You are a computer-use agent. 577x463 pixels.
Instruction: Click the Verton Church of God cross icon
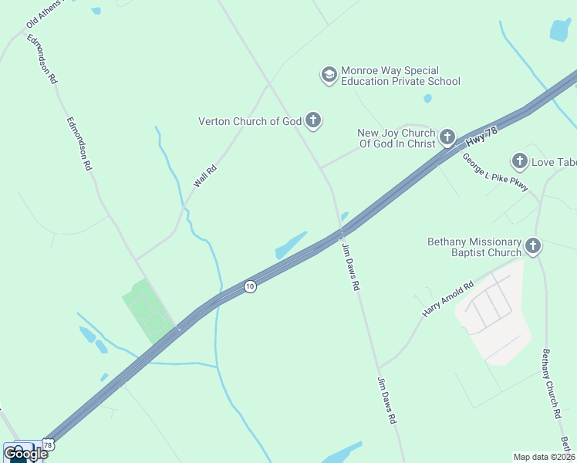point(312,120)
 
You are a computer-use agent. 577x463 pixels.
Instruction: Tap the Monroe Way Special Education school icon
point(329,75)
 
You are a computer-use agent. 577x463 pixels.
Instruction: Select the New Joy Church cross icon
point(447,138)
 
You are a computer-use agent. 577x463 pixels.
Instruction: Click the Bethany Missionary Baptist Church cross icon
point(532,247)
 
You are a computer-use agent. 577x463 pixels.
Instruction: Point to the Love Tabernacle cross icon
point(519,161)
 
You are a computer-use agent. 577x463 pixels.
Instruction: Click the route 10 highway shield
point(249,286)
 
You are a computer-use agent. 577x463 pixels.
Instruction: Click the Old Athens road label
point(42,15)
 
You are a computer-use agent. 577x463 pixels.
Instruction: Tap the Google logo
point(25,453)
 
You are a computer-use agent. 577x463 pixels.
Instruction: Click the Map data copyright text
point(544,457)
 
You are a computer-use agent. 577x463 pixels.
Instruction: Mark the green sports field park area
point(147,312)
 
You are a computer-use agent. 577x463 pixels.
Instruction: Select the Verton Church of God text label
point(249,121)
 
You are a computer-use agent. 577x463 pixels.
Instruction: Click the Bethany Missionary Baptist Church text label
point(474,247)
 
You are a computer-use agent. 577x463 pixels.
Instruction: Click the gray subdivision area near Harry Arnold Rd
point(494,316)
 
